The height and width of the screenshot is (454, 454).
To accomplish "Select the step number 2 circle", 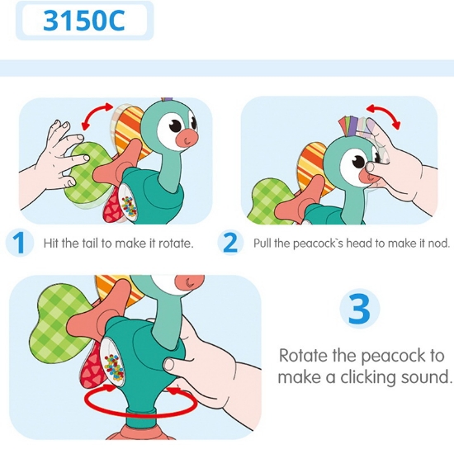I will [230, 243].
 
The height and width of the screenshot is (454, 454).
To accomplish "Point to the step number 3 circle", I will [359, 310].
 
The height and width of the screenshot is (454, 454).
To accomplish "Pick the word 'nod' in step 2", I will [437, 244].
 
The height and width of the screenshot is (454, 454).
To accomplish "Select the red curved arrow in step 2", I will [385, 115].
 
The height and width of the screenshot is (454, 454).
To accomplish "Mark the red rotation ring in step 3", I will [133, 402].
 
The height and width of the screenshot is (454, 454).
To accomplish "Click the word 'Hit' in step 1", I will [51, 244].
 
